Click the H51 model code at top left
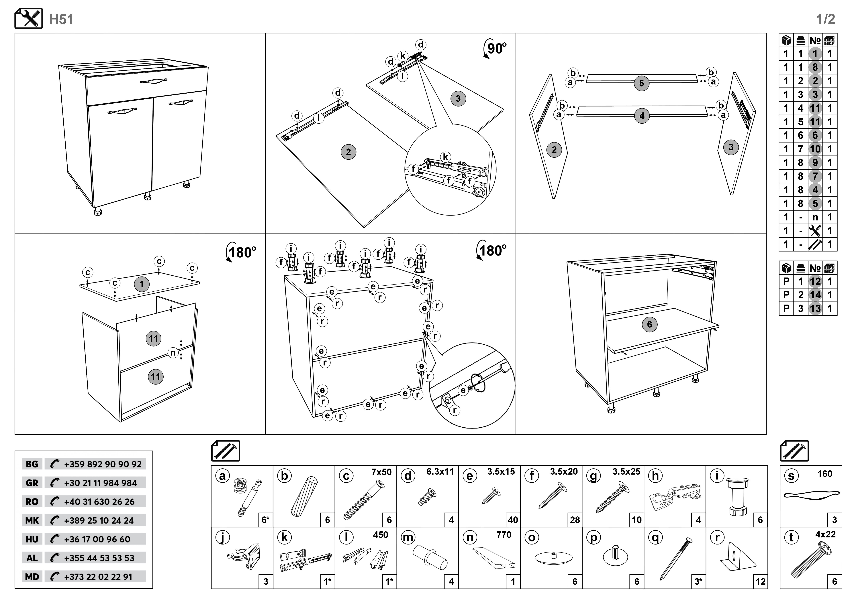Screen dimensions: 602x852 click(61, 19)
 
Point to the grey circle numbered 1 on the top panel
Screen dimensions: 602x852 click(141, 285)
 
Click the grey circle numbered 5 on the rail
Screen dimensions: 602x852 click(642, 83)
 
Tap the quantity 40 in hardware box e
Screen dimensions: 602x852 click(513, 520)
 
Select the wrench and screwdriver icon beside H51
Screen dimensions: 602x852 click(29, 19)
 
